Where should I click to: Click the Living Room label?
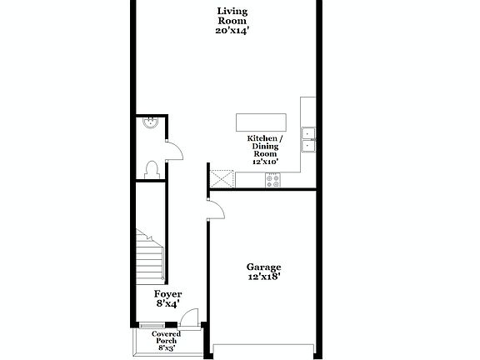[x=232, y=16]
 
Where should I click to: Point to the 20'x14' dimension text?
[x=232, y=30]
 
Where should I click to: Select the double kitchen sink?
[x=308, y=139]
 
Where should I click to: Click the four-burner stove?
[x=272, y=179]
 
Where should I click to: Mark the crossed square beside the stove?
[x=222, y=179]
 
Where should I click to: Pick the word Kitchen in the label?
[x=262, y=138]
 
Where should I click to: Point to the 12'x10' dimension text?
[x=265, y=162]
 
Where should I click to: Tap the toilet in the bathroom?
[x=151, y=169]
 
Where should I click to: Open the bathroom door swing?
[x=174, y=150]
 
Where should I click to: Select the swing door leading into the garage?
[x=215, y=208]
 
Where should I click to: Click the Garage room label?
[x=263, y=267]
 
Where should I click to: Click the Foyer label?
[x=167, y=294]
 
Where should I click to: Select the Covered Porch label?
[x=166, y=337]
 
